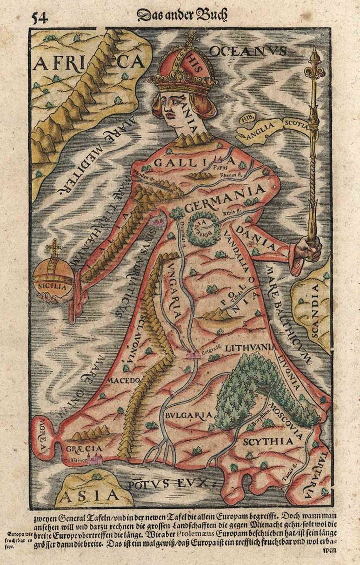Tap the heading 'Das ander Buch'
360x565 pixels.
click(x=182, y=15)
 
